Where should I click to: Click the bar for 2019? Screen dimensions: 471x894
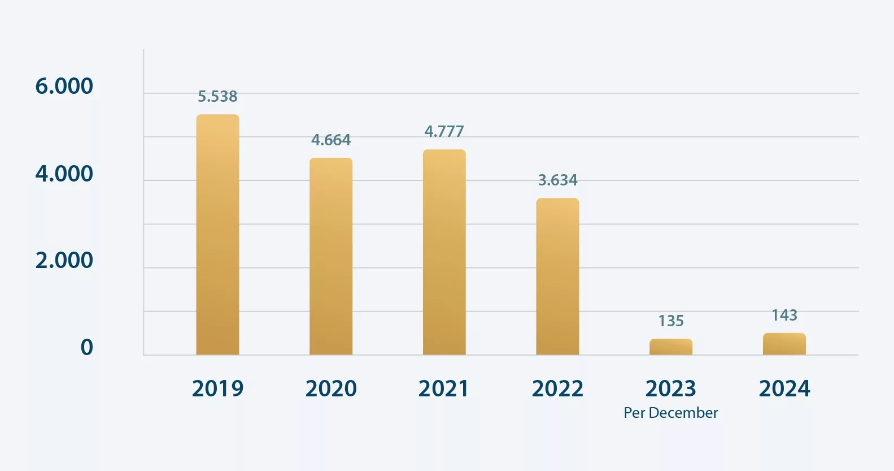click(x=217, y=235)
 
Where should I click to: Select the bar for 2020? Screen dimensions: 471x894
click(x=331, y=256)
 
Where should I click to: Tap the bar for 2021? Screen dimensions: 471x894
click(x=444, y=252)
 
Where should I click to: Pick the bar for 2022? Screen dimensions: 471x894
click(x=557, y=276)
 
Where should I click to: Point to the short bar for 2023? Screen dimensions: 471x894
click(x=671, y=347)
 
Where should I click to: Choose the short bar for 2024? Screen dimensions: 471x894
click(x=784, y=344)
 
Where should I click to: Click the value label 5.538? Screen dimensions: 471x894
click(x=217, y=97)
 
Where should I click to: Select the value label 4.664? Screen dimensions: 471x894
click(x=331, y=140)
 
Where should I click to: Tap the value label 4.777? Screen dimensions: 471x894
click(x=444, y=131)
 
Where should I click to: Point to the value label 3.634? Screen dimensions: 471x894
click(x=557, y=180)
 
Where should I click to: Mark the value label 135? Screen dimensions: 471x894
click(x=671, y=321)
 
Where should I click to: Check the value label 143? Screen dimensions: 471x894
click(x=784, y=315)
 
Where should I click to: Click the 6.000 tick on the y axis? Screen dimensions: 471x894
click(x=64, y=87)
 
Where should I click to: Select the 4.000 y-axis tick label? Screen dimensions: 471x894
click(x=64, y=174)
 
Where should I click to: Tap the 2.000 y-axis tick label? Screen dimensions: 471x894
click(x=64, y=261)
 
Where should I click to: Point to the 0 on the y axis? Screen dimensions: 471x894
click(x=86, y=347)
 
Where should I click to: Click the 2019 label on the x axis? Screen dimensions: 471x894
click(x=217, y=388)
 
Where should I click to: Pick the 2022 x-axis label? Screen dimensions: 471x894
click(x=557, y=388)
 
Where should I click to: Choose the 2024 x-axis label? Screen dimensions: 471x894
click(x=784, y=388)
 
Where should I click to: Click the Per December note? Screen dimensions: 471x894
click(x=670, y=413)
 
